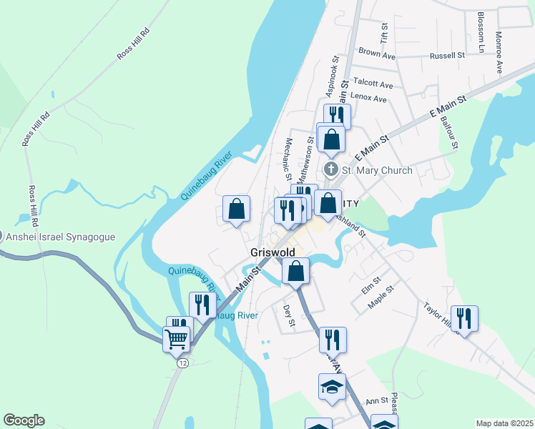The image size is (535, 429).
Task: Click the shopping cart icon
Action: coord(176,337)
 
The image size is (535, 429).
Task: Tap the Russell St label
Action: coord(447,54)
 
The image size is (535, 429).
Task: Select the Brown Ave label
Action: coord(377,54)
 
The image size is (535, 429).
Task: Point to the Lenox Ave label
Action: coord(368,99)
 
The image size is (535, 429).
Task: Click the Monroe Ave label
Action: coord(499,52)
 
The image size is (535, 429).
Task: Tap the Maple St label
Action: coord(381,297)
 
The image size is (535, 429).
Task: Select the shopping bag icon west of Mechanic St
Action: coord(237,209)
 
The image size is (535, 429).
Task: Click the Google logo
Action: coord(24,420)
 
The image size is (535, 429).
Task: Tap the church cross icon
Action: coord(330,170)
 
